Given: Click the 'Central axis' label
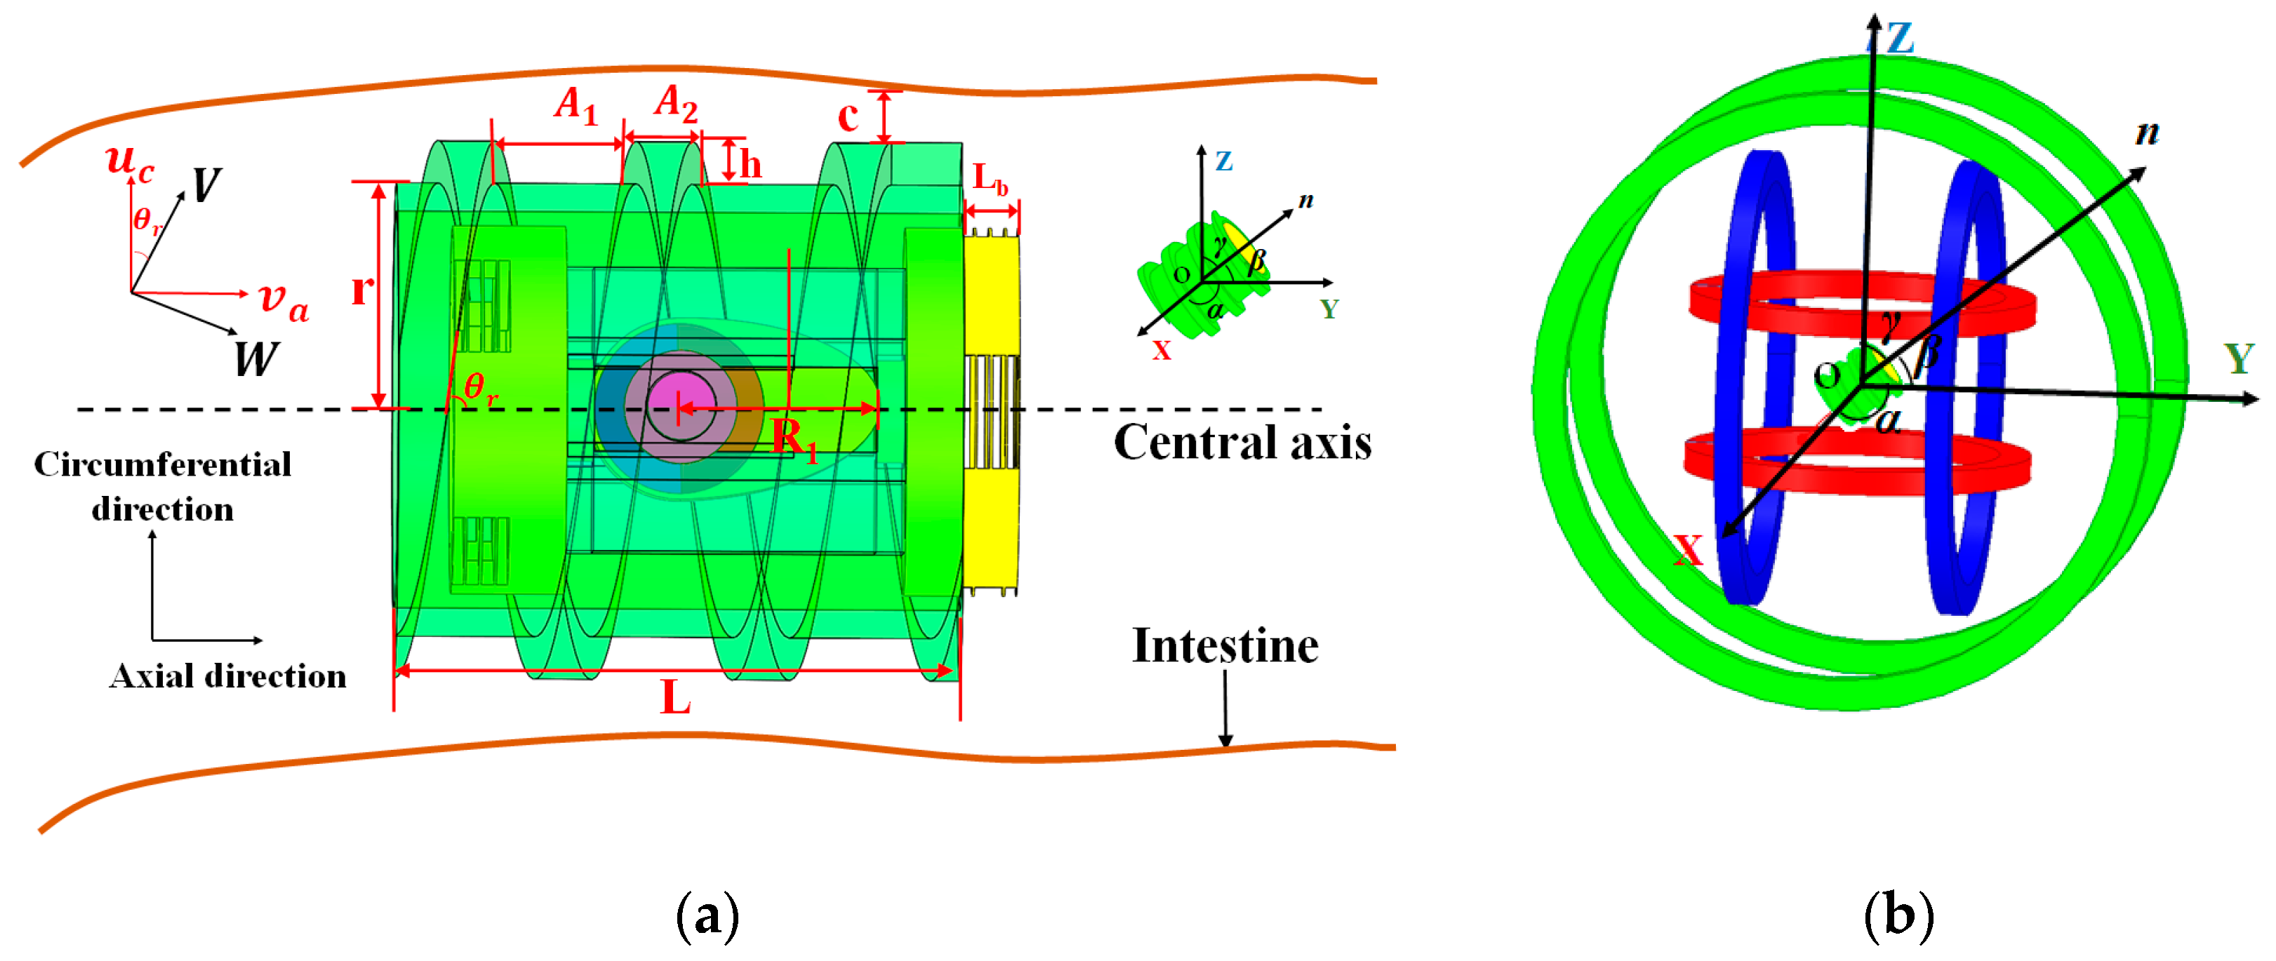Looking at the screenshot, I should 1242,443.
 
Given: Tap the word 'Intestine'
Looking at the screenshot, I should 1225,645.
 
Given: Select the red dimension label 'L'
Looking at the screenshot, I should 676,699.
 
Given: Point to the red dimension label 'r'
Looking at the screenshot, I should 361,289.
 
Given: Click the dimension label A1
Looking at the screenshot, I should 576,105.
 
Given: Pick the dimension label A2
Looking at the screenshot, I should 676,103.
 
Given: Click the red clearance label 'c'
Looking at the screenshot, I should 847,116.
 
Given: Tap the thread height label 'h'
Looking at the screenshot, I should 750,163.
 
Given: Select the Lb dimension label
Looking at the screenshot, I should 990,180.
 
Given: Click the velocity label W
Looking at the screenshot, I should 255,358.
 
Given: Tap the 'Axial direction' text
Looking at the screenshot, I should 228,677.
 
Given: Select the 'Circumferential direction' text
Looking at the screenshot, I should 163,487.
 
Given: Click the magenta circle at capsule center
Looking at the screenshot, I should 680,406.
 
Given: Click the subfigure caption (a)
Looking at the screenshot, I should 707,916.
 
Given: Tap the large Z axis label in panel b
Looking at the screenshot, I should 1898,39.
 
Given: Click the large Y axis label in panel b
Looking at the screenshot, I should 2238,358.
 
